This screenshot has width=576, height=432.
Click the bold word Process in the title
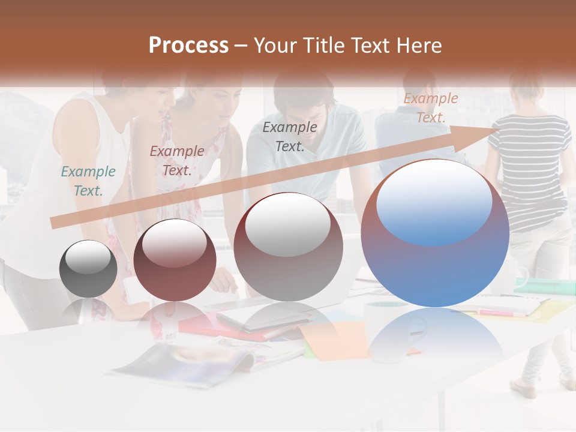(188, 46)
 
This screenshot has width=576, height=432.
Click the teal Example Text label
(88, 181)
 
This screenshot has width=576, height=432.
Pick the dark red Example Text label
(176, 160)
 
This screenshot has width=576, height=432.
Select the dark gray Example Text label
(290, 136)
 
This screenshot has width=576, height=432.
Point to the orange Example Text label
(430, 108)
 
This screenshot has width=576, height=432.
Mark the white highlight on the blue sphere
(434, 201)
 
